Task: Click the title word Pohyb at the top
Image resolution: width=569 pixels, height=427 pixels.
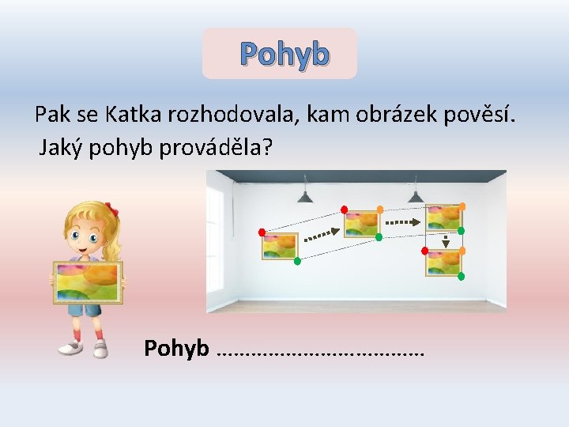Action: pyautogui.click(x=284, y=55)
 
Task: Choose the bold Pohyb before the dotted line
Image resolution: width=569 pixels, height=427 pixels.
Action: pyautogui.click(x=176, y=347)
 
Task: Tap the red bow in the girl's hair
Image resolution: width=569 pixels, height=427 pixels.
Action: pyautogui.click(x=111, y=210)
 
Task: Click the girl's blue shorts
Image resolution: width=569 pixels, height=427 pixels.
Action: pyautogui.click(x=86, y=309)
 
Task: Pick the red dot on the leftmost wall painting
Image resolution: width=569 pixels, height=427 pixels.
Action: pyautogui.click(x=262, y=232)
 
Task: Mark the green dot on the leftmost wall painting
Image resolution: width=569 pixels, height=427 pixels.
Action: pyautogui.click(x=297, y=260)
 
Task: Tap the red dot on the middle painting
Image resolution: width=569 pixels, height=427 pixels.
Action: pyautogui.click(x=344, y=210)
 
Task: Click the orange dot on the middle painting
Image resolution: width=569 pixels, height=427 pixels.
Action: pyautogui.click(x=379, y=210)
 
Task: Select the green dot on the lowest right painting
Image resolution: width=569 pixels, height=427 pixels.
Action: pyautogui.click(x=462, y=277)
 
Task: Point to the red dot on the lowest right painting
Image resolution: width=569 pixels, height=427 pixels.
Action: pyautogui.click(x=425, y=251)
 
